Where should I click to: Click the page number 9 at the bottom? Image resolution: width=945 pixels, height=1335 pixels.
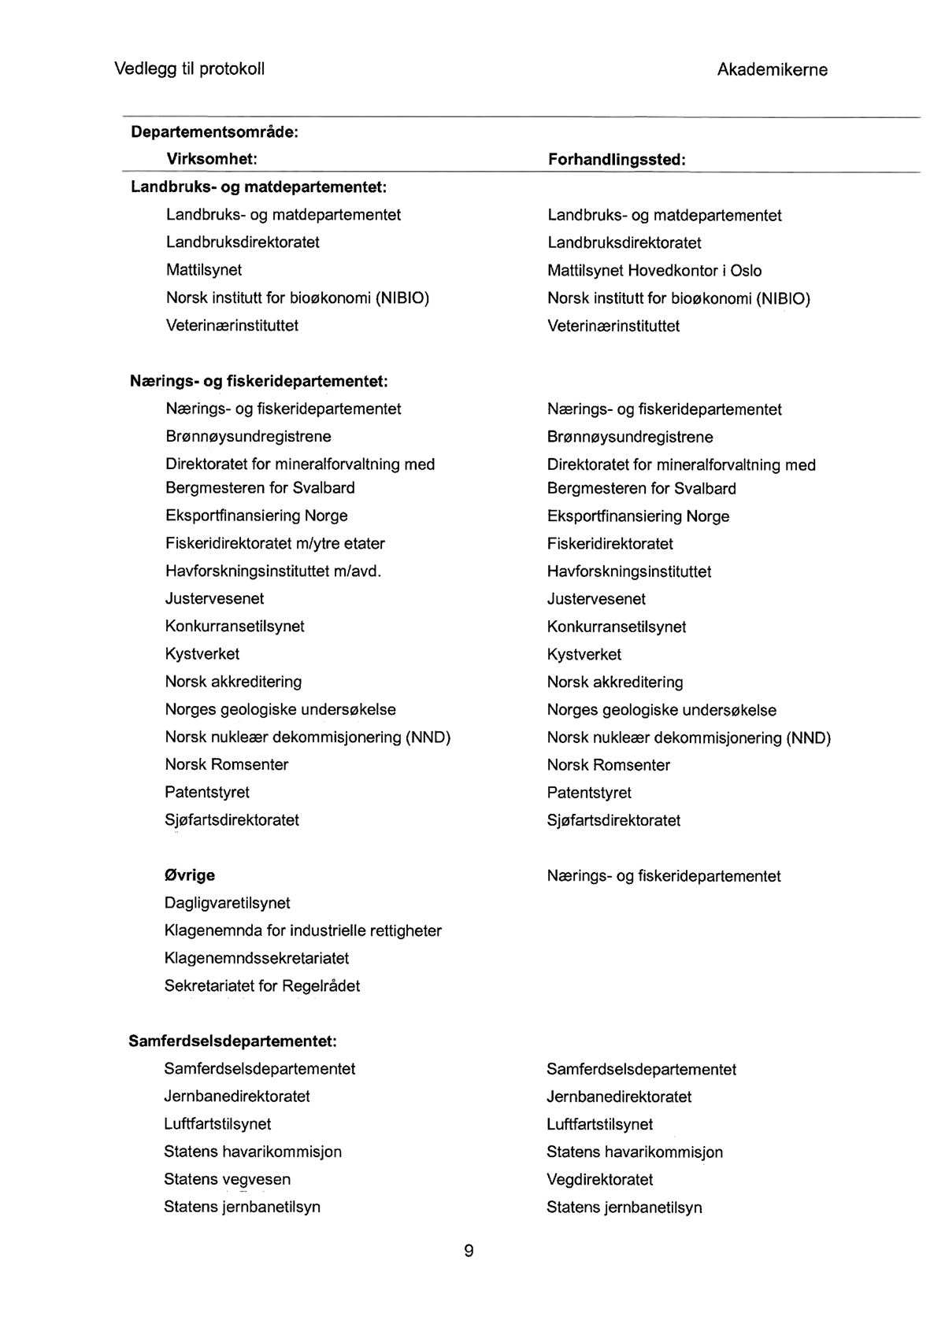[469, 1251]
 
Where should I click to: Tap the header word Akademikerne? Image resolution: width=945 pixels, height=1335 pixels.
[772, 69]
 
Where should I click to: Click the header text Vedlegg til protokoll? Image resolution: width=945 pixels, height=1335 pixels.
[190, 68]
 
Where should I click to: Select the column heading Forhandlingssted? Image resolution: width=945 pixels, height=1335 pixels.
[617, 160]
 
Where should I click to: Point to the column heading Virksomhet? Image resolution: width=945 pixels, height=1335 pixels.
[212, 159]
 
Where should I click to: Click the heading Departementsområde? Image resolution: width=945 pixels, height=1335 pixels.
[214, 131]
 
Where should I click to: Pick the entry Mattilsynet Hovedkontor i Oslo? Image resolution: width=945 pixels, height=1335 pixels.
[654, 271]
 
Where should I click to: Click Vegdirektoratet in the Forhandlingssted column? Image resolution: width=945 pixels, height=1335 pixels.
[599, 1179]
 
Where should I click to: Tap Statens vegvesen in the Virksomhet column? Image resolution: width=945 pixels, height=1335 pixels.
[227, 1179]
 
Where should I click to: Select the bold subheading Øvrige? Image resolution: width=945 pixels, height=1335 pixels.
[189, 875]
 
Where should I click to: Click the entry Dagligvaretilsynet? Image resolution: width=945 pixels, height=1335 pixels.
[227, 903]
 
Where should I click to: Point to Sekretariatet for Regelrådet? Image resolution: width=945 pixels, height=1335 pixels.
[261, 986]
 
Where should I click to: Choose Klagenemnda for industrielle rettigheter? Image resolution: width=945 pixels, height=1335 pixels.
[302, 930]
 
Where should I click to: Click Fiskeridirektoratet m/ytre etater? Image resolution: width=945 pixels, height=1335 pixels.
[275, 543]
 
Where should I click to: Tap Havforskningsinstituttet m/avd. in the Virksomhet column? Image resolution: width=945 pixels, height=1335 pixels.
[273, 571]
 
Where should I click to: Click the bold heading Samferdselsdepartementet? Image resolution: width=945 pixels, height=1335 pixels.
[232, 1041]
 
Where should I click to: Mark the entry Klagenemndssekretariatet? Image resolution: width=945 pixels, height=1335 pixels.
[256, 958]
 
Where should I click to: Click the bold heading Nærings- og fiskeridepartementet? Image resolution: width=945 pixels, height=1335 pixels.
[258, 382]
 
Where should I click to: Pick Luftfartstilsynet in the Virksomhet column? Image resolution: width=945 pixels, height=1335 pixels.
[217, 1124]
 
